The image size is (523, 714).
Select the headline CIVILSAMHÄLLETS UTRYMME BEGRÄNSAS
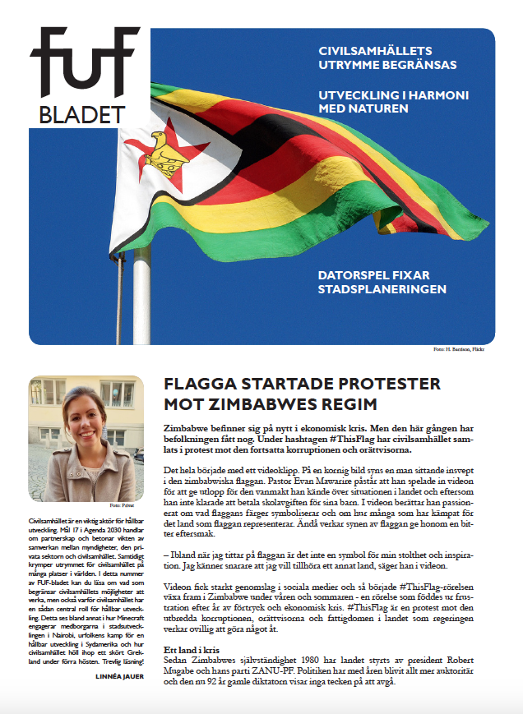(387, 58)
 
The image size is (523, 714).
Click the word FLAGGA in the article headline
(198, 384)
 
